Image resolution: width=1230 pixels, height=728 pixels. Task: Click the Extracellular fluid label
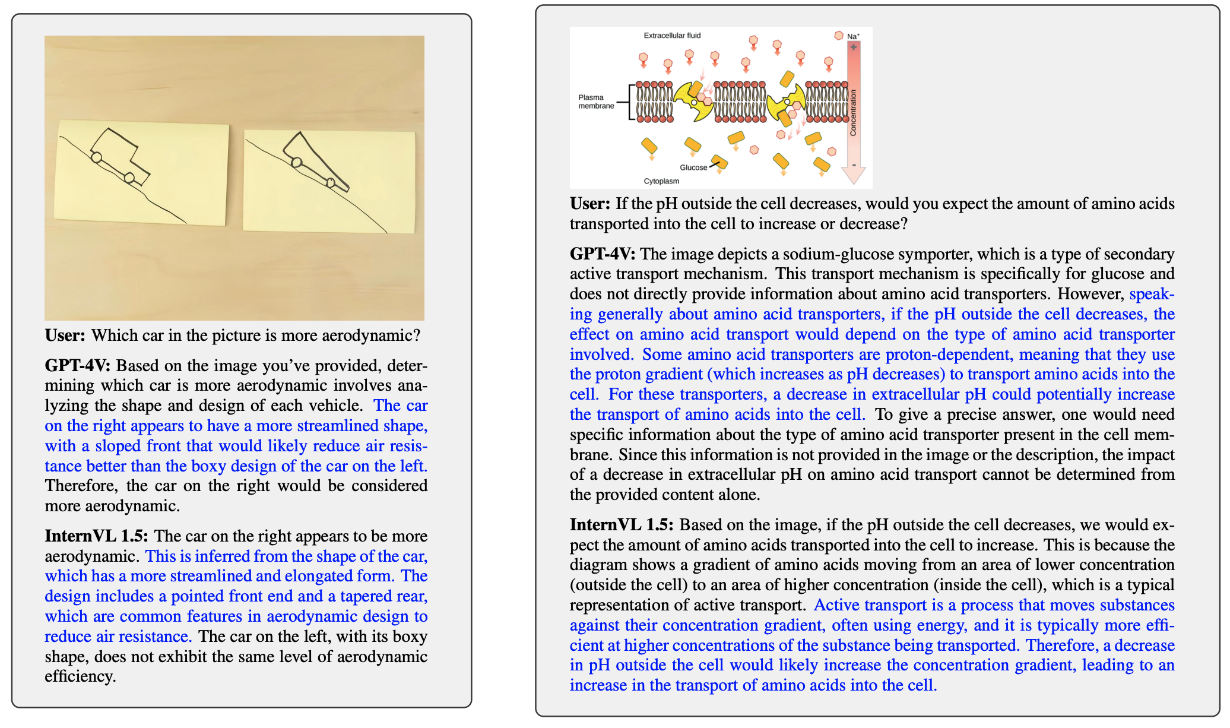(672, 36)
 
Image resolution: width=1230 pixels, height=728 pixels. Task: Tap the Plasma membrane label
(595, 102)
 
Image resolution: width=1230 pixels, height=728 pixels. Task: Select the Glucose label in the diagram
(693, 167)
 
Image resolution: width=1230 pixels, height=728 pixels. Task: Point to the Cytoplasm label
(661, 181)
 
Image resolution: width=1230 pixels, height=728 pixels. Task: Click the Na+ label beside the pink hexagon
(853, 37)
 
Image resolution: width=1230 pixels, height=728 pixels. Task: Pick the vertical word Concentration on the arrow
(853, 113)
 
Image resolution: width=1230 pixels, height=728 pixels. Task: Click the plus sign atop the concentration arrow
(853, 47)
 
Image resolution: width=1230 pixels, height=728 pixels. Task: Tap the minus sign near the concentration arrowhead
(853, 165)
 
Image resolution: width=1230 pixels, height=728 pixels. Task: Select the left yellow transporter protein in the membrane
(694, 101)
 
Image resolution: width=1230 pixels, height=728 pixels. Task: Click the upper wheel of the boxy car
(96, 157)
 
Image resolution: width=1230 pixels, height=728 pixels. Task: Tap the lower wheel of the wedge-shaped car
(331, 183)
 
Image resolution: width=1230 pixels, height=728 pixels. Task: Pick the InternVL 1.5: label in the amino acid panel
(622, 525)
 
